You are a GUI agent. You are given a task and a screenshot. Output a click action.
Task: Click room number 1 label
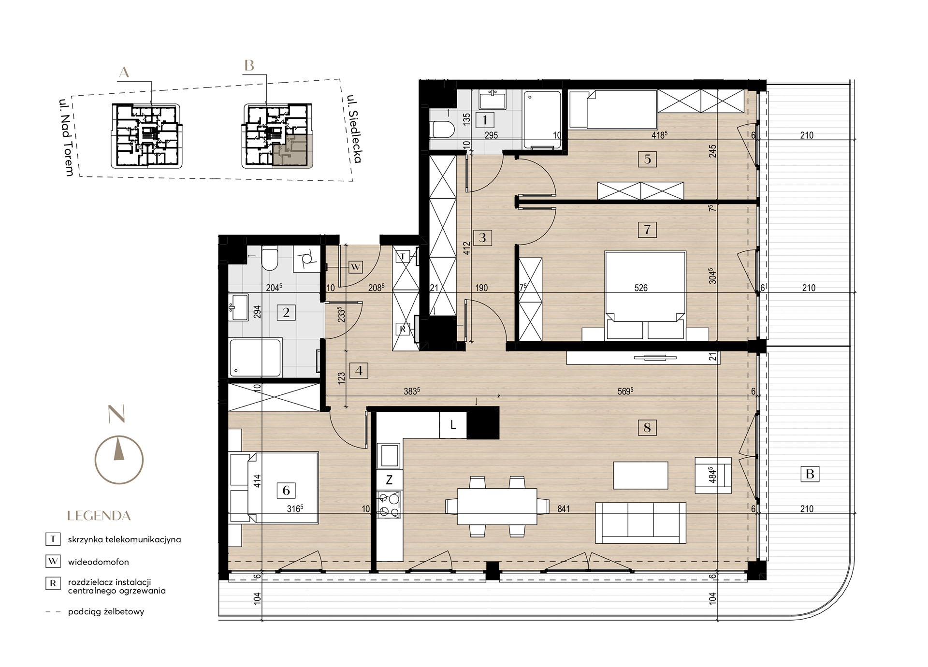pos(485,119)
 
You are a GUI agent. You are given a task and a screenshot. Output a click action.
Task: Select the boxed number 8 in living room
pos(647,427)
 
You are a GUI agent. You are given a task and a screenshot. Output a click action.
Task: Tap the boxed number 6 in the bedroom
pos(286,491)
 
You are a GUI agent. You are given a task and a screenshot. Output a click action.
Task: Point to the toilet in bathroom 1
pos(443,130)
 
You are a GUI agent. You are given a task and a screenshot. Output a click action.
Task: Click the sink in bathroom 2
pos(238,307)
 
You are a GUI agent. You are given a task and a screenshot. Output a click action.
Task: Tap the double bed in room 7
pos(645,295)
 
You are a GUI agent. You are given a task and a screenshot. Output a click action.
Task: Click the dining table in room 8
pos(497,507)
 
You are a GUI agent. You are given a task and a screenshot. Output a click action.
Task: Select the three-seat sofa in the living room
pos(641,523)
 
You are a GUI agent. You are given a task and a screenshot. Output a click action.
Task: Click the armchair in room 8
pos(713,475)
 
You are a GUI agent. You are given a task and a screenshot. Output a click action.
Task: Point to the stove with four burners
pos(390,504)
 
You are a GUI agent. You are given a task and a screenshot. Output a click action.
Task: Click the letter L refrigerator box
pos(453,425)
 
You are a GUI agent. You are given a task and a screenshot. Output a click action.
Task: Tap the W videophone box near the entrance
pos(356,266)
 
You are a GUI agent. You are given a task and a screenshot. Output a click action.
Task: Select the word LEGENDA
pos(99,516)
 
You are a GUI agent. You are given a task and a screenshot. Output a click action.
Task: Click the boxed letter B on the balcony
pos(810,474)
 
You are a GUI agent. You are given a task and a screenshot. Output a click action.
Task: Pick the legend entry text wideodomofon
pos(99,562)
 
